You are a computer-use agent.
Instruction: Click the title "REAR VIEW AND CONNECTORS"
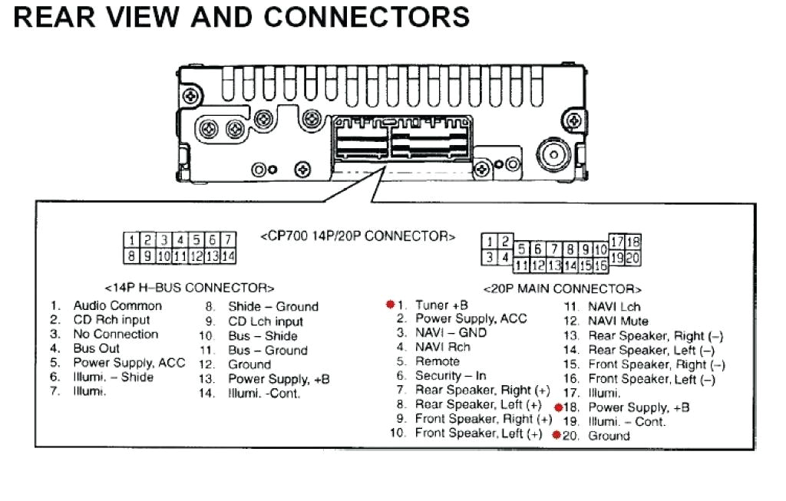pos(241,18)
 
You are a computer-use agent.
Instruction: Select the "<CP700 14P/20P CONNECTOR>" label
pos(358,236)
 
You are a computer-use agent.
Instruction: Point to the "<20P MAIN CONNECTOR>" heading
pos(562,289)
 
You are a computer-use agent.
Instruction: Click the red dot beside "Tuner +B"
pos(390,305)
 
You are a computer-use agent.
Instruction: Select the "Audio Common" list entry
pos(117,305)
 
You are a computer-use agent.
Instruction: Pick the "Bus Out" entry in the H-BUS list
pos(96,348)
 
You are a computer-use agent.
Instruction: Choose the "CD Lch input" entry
pos(265,321)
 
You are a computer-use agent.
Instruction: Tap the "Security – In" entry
pos(451,376)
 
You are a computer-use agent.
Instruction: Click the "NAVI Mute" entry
pos(617,321)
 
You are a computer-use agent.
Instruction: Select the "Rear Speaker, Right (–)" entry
pos(655,335)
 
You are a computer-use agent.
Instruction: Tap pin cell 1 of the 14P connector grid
pos(131,241)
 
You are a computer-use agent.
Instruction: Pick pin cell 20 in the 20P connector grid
pos(633,258)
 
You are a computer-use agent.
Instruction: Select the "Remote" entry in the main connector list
pos(438,361)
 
